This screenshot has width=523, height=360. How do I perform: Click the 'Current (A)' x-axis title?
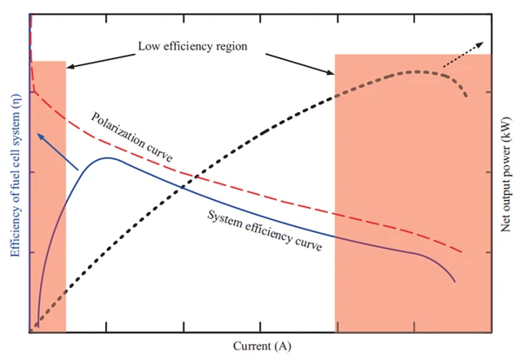pos(261,346)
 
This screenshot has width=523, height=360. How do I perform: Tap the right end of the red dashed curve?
pos(460,252)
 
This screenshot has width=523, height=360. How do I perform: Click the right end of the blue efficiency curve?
pos(455,282)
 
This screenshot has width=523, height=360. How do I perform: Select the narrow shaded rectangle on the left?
pos(49,196)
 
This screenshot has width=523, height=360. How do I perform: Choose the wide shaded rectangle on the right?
pos(412,196)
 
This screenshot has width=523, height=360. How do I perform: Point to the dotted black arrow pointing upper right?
pos(460,54)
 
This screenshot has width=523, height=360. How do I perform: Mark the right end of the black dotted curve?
pos(466,96)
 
